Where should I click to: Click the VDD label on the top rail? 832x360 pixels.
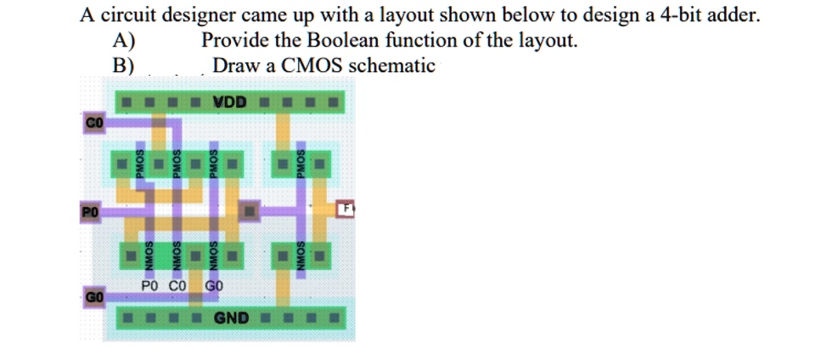coord(230,102)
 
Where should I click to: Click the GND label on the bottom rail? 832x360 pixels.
coord(231,318)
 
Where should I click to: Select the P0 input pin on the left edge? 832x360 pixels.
coord(91,210)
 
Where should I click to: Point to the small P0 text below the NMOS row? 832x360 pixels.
coord(151,286)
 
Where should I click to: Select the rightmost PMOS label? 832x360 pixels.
coord(301,161)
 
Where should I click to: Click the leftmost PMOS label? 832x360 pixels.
coord(143,161)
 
